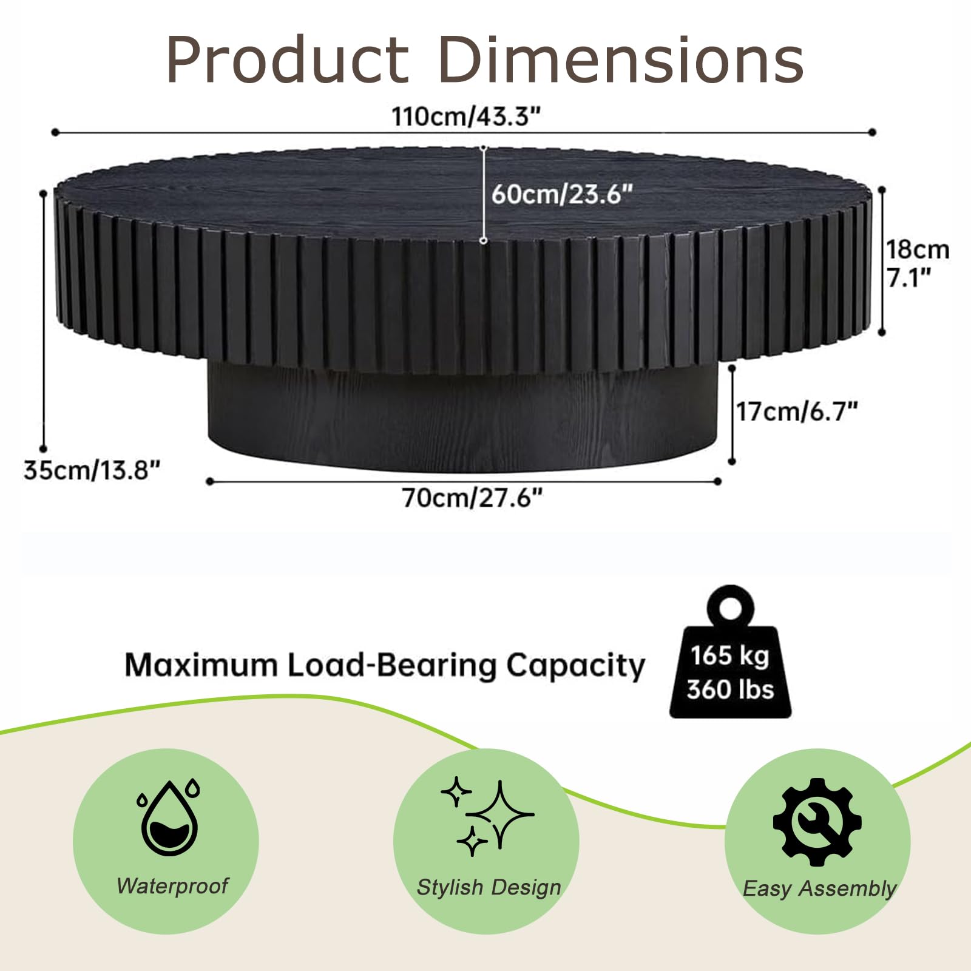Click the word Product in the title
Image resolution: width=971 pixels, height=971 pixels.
pos(288,60)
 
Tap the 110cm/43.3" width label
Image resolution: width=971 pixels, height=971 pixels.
pos(465,116)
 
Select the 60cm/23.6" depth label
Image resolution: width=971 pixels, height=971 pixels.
pos(562,194)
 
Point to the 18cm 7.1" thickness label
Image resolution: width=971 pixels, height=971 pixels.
pos(918,263)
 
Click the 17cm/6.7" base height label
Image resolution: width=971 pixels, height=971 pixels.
pos(797,411)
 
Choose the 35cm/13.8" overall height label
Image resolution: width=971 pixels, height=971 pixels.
pos(92,470)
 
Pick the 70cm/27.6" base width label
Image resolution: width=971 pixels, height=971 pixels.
pos(472,498)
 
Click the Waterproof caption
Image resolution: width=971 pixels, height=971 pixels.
pos(172,886)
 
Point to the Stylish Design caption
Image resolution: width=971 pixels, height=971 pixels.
pos(489,887)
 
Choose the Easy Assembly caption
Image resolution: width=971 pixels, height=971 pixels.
pos(819,889)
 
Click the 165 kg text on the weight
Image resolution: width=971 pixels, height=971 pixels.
pos(729,655)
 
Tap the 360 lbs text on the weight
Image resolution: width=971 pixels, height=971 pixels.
pos(730,689)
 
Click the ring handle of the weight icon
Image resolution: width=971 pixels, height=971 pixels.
pos(731,607)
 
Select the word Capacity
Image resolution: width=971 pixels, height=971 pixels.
pos(575,666)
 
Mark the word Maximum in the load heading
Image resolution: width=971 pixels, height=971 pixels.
pos(201,665)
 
